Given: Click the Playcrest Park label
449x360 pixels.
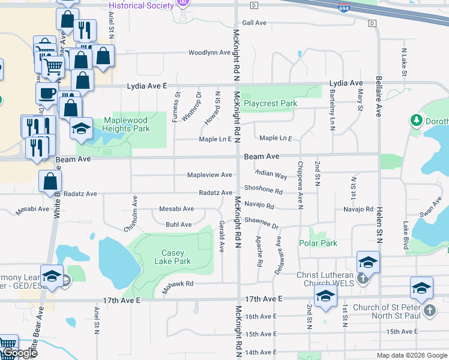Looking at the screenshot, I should (x=270, y=103).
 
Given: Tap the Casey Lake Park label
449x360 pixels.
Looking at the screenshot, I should (x=173, y=257).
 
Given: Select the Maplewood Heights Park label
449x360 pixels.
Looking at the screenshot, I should (x=125, y=124).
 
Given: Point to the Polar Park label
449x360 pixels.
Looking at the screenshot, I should (x=318, y=243).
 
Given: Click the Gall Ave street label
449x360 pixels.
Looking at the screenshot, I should (x=253, y=23).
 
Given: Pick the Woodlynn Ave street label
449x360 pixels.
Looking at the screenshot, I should (x=209, y=53).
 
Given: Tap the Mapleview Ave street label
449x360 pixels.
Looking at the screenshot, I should (x=209, y=175).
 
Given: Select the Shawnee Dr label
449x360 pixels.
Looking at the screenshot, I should (x=262, y=223).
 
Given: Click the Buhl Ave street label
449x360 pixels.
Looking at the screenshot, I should (x=179, y=224).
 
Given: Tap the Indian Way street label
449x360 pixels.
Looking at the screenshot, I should (x=271, y=173).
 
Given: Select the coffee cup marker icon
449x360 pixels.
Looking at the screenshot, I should (x=47, y=93).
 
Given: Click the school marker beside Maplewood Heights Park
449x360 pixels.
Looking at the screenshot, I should (x=81, y=128).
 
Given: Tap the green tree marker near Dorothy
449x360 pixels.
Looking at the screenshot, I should (x=416, y=121).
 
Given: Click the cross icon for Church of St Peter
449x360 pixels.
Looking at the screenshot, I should (x=429, y=310).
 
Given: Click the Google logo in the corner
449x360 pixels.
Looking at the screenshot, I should (x=19, y=353).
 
